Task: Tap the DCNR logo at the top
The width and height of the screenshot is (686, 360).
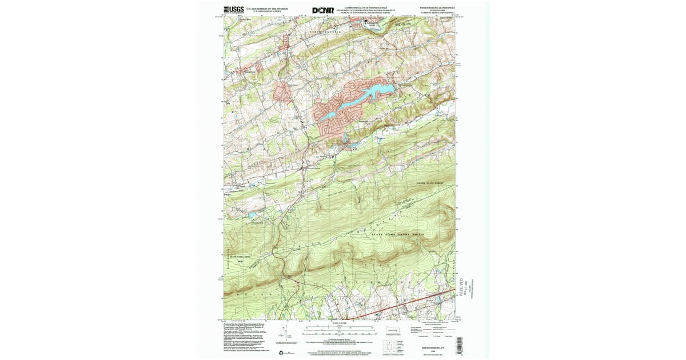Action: tap(323, 10)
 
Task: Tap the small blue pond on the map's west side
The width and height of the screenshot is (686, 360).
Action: tap(252, 215)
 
